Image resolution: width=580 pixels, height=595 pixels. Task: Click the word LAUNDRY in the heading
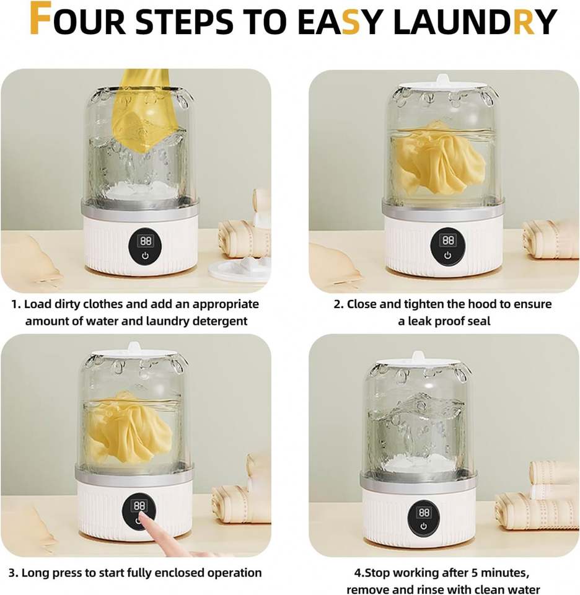[475, 22]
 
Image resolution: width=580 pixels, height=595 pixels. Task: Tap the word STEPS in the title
[184, 22]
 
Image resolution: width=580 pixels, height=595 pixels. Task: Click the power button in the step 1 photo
[145, 256]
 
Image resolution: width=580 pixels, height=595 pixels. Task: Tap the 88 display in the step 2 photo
[448, 240]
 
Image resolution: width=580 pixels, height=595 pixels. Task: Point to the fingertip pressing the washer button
[142, 516]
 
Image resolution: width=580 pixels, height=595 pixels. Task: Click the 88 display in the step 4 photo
[424, 513]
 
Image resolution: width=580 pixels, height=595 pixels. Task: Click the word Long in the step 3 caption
[35, 573]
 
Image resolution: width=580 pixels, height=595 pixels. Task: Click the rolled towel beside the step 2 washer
[551, 239]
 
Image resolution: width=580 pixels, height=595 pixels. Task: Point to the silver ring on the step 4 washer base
[418, 480]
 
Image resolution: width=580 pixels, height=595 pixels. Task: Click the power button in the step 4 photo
[424, 527]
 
